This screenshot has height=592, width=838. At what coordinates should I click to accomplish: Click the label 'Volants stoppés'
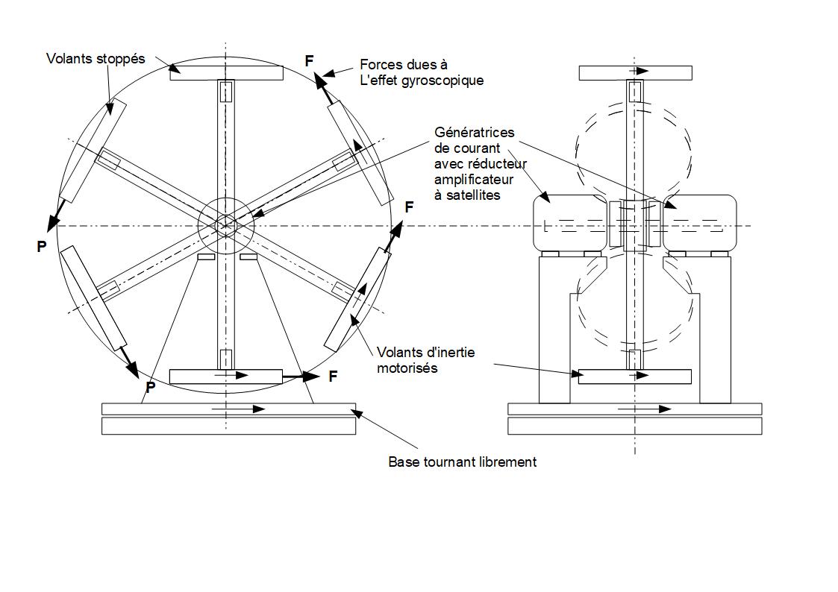(96, 58)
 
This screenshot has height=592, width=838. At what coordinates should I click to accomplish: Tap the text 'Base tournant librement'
(462, 462)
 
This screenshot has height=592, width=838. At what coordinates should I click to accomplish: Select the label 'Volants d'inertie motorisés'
(425, 359)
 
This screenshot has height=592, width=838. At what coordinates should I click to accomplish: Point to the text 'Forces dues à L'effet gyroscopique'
(421, 72)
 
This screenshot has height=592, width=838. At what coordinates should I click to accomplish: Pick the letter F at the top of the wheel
(310, 60)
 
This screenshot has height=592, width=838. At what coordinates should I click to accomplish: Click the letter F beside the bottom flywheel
(333, 377)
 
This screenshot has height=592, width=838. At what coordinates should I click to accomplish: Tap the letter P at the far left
(42, 246)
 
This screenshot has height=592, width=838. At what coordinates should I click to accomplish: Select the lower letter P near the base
(150, 388)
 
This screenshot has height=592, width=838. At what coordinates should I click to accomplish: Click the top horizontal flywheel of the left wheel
(226, 73)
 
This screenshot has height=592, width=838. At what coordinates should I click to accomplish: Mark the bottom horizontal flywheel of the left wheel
(226, 377)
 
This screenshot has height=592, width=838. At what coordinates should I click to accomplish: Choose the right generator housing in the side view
(699, 222)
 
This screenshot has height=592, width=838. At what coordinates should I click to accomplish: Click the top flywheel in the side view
(635, 72)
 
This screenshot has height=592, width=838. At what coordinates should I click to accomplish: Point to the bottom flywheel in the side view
(635, 377)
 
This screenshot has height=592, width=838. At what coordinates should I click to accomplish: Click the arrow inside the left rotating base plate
(239, 409)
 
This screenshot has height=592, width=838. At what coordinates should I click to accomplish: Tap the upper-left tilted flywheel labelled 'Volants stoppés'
(93, 149)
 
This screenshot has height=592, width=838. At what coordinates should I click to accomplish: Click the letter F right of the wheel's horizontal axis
(409, 207)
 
